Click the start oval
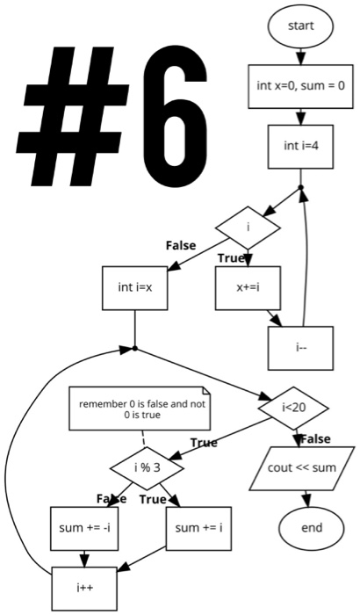(x=300, y=26)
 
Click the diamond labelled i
(x=248, y=228)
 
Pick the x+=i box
(x=247, y=286)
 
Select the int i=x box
(x=135, y=286)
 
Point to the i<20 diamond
(x=293, y=407)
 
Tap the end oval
(x=311, y=528)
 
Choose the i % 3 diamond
(x=147, y=467)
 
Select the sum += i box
(x=198, y=528)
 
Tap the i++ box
(x=84, y=587)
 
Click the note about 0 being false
(x=141, y=408)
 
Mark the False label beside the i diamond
(x=181, y=245)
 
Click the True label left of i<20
(x=204, y=443)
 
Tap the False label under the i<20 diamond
(x=315, y=438)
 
